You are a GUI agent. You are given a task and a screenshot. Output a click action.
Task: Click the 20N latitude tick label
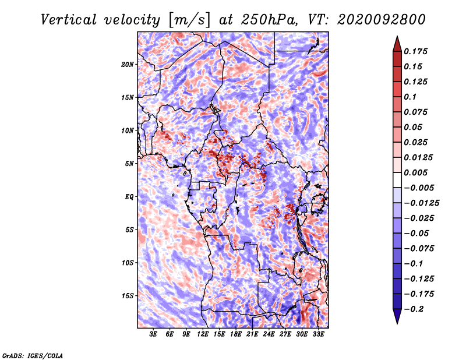(x=128, y=64)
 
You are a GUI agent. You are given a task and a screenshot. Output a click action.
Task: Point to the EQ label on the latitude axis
(x=129, y=196)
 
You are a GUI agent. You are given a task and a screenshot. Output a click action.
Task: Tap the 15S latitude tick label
(x=128, y=296)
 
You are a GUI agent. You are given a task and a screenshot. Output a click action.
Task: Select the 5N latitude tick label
(x=129, y=164)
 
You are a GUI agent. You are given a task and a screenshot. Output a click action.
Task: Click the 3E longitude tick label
(x=153, y=334)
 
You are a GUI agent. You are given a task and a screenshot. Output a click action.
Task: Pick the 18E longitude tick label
(x=236, y=334)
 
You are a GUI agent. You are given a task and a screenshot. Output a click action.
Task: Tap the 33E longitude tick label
(x=318, y=334)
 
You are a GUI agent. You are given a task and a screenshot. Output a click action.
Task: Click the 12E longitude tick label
(x=203, y=334)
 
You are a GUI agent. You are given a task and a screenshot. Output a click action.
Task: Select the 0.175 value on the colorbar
(x=415, y=51)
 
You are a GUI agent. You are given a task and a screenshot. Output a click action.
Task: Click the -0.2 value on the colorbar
(x=414, y=309)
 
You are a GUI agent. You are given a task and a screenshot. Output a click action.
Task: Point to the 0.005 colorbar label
(x=415, y=172)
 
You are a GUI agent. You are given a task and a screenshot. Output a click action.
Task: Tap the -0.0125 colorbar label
(x=421, y=203)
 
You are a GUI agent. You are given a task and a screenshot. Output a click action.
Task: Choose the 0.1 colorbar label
(x=410, y=97)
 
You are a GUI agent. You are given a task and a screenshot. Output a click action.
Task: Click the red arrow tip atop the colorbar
(x=397, y=37)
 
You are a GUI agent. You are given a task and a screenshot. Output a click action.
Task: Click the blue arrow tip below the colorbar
(x=397, y=323)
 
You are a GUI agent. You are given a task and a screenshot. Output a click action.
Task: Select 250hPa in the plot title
(x=269, y=20)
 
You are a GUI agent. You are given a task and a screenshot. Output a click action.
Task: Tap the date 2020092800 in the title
(x=382, y=20)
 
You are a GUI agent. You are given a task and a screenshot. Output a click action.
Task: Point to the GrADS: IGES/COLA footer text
(x=33, y=355)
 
